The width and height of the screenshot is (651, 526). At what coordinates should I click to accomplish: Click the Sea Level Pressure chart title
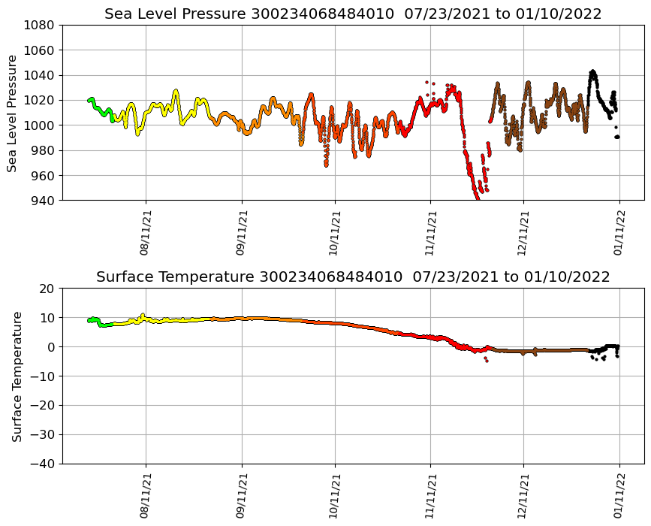[353, 14]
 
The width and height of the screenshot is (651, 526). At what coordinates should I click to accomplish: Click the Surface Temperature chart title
[353, 277]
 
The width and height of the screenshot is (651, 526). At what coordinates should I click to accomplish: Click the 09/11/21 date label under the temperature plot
[242, 496]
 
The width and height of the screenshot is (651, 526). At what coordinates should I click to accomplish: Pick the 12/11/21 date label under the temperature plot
[524, 496]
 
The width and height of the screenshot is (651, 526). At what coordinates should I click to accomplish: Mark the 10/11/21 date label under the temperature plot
[336, 496]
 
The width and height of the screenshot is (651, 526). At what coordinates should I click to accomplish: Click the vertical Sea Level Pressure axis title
[13, 113]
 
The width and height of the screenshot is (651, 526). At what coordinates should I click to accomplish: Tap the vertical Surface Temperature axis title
[17, 376]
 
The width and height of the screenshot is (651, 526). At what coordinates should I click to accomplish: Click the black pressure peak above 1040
[592, 73]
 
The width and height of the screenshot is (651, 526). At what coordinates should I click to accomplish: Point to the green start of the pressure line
[90, 100]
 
